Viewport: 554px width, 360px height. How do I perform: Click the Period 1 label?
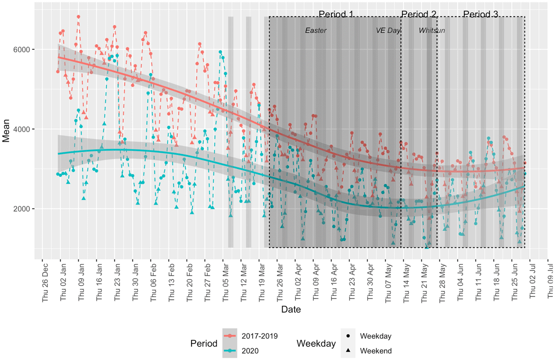336,14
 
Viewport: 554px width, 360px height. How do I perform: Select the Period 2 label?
419,14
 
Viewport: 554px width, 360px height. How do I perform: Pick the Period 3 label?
480,14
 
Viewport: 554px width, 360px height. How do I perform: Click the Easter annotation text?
316,31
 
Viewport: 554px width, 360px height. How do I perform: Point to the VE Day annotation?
388,31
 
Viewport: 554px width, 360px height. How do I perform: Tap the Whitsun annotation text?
432,31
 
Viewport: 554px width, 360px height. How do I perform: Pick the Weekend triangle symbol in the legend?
346,351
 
